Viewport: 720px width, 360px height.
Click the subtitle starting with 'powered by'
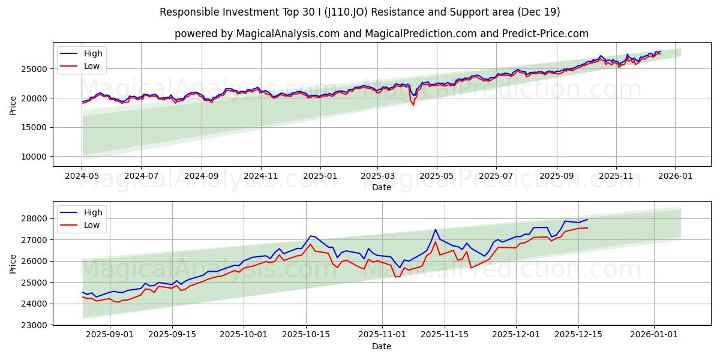pos(381,34)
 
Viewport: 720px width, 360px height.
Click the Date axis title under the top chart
pos(381,187)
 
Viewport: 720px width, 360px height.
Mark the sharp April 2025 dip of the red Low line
pos(413,105)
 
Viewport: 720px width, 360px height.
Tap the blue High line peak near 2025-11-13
pos(436,229)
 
